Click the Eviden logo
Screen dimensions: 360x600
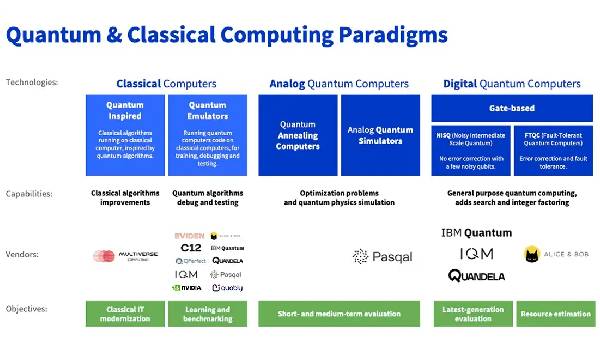pos(191,235)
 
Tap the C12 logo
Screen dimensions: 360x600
pos(191,247)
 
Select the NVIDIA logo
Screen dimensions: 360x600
pos(190,287)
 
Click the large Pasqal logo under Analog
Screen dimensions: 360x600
pos(382,257)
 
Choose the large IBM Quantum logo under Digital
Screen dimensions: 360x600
pos(476,233)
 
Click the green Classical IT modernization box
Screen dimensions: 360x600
pos(124,314)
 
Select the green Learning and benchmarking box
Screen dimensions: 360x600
pos(208,314)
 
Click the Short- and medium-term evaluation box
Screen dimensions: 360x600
pos(338,314)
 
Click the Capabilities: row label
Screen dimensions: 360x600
pos(28,194)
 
